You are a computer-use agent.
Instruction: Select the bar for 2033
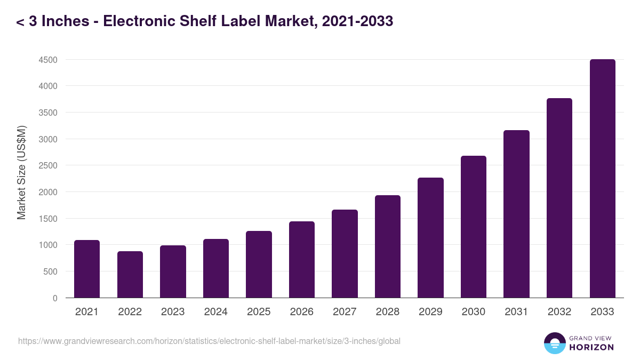[602, 179]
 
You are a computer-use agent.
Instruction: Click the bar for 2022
[130, 275]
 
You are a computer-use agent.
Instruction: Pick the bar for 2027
[345, 254]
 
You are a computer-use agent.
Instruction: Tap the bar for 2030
[474, 227]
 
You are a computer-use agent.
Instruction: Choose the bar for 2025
[259, 265]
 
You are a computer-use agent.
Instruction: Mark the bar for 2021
[87, 269]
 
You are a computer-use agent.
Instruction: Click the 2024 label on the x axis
[215, 312]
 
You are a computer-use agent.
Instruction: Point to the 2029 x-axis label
[430, 312]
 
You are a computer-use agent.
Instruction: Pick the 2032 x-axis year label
[559, 312]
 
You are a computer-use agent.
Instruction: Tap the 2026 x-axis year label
[301, 312]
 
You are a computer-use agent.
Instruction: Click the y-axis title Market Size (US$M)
[21, 172]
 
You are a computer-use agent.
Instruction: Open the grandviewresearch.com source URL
[209, 341]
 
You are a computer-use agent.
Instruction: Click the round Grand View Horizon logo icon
[554, 343]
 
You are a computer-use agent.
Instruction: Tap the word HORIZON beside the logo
[591, 347]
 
